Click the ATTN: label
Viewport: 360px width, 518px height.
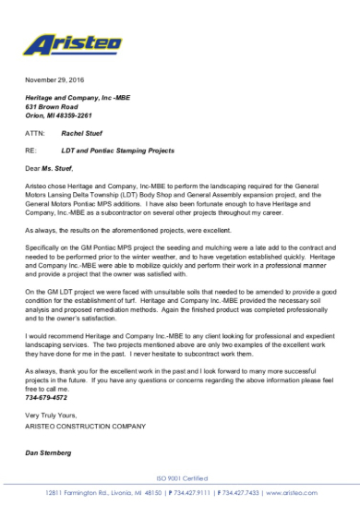coord(35,133)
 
